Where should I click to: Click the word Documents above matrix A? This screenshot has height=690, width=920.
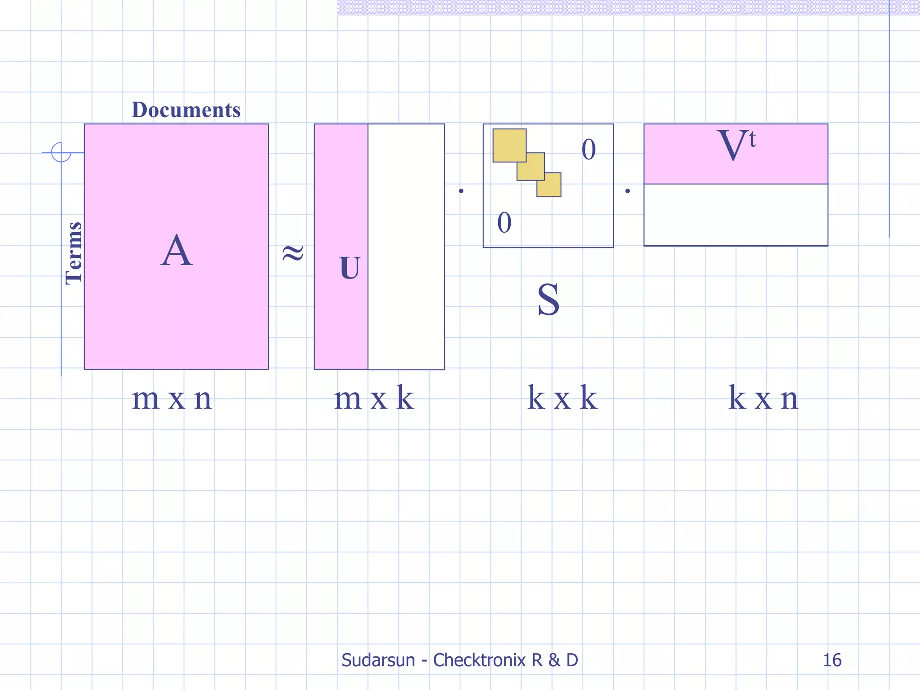point(186,110)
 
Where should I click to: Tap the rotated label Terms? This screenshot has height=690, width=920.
point(74,253)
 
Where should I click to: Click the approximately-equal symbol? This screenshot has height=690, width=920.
point(293,253)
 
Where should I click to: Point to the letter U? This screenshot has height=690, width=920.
point(349,268)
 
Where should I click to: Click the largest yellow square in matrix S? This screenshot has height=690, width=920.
point(509,145)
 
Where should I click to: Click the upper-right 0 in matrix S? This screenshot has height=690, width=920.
point(588,150)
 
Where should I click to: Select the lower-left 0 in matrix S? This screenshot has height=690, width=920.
point(504,223)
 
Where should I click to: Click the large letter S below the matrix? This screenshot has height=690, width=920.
point(548,300)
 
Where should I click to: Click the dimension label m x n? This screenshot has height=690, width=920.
point(172,398)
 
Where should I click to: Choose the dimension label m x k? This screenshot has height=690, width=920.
point(374,398)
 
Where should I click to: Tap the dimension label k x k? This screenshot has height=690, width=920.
point(562,398)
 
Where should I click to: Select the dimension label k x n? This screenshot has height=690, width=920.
point(763,398)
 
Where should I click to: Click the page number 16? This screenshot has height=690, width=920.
point(832,660)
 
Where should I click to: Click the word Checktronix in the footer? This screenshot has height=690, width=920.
point(479,660)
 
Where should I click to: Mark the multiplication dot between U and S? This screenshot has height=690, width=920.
point(461,191)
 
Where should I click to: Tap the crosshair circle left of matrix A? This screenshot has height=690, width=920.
point(61,152)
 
